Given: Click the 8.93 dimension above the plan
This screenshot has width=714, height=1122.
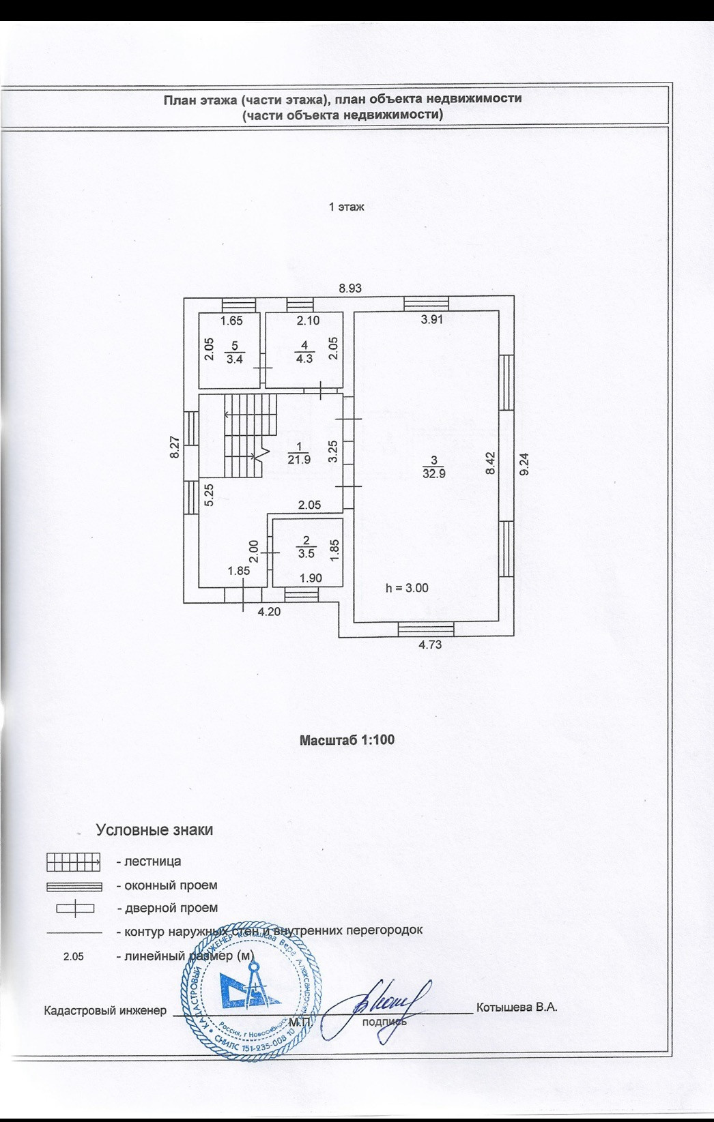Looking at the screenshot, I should point(350,289).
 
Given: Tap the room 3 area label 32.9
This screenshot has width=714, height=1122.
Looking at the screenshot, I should point(433,473).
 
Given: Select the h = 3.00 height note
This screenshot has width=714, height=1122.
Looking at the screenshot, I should point(407,588).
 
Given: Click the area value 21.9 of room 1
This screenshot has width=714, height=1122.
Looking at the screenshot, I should point(299,460).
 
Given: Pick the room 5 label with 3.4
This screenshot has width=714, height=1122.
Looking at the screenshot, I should point(234,359).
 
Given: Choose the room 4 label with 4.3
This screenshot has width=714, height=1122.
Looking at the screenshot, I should point(304,359).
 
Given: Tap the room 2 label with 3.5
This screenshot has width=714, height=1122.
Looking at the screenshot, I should point(306,554).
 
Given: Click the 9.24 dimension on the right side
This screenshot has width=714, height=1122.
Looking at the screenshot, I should point(524,464).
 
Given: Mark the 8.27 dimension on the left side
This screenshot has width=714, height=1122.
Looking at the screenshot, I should point(175,447).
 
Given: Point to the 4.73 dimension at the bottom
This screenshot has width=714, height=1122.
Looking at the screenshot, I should point(430,644).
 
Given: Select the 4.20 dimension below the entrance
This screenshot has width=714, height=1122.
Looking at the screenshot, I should point(268,612).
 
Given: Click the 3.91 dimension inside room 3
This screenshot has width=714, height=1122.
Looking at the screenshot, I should point(432,319).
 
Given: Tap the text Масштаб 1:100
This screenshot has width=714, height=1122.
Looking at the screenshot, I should point(347,739).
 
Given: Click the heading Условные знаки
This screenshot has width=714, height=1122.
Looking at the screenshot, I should point(154,830).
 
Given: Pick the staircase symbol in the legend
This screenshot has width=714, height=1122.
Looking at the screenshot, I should point(74,862).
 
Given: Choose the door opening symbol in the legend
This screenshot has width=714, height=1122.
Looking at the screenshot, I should point(75,909).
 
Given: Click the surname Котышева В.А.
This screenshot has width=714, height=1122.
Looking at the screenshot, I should point(517,1007).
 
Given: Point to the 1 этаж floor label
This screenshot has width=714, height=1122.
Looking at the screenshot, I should point(347,207).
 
